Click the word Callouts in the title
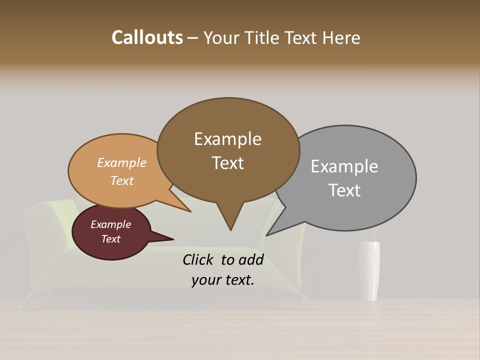(x=147, y=37)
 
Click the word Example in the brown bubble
(x=227, y=139)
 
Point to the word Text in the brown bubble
(x=227, y=163)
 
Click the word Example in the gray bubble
(x=344, y=166)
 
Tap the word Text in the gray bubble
(x=344, y=190)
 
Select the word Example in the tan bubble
(x=121, y=162)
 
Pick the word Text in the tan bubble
(x=121, y=180)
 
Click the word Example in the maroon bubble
(x=110, y=224)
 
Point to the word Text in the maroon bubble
(x=110, y=239)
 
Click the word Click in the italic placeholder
(x=199, y=259)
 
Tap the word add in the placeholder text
(x=250, y=259)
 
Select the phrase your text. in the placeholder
(x=222, y=280)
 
